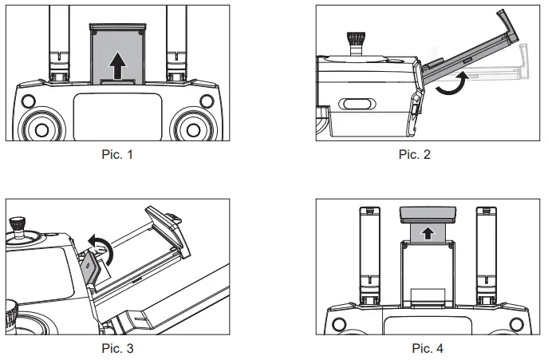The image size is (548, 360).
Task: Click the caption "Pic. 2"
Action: pyautogui.click(x=414, y=154)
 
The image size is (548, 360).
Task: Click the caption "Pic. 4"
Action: pyautogui.click(x=428, y=347)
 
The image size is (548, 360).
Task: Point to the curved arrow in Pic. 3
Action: pyautogui.click(x=101, y=250)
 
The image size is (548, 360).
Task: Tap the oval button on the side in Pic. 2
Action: pyautogui.click(x=356, y=104)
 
